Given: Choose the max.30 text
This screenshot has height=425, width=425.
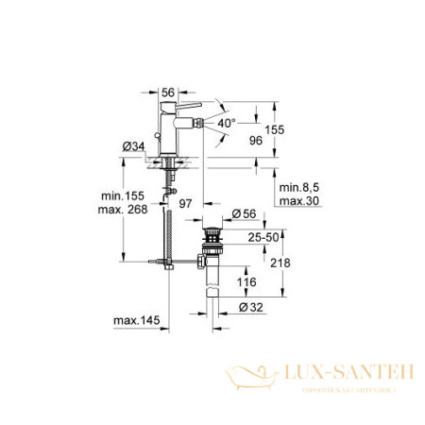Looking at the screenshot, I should (297, 203).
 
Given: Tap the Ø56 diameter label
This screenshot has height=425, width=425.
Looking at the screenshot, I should (246, 214).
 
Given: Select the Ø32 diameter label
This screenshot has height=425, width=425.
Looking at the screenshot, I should (250, 307).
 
